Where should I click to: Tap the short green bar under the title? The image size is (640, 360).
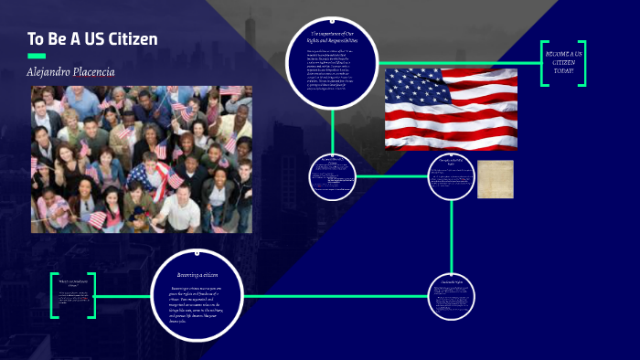tap(37, 56)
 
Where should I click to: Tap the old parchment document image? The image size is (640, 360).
tap(495, 179)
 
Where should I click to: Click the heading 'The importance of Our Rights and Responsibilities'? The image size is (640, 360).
tap(333, 38)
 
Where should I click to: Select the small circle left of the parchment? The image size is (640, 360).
tap(452, 176)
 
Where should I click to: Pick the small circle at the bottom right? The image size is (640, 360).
tap(452, 296)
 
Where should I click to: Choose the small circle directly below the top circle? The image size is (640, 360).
tap(332, 176)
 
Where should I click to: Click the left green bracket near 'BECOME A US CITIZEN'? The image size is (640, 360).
tap(544, 63)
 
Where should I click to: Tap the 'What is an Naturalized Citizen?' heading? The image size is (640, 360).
tap(73, 285)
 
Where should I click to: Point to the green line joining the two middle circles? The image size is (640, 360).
tap(391, 175)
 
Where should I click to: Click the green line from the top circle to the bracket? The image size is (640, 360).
tap(457, 63)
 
